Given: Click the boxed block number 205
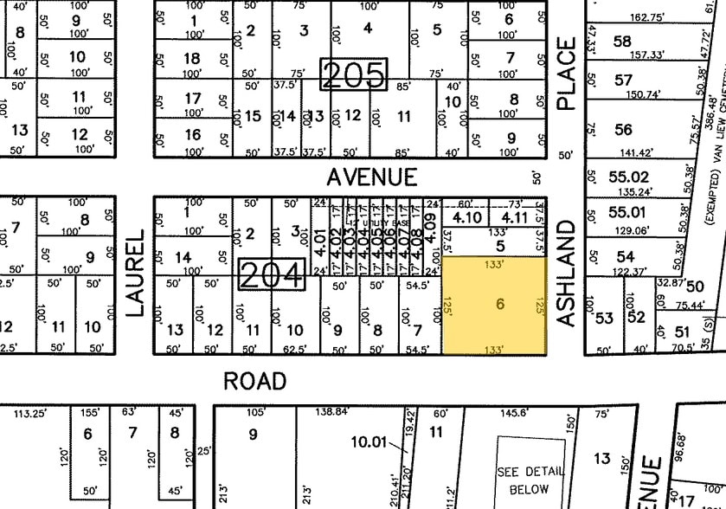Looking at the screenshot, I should [354, 75].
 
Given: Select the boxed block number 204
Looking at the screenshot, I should [272, 275].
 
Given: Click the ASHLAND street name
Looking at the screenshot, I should [567, 273].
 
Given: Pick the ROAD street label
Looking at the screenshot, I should [254, 381].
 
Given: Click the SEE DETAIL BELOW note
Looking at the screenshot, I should [530, 480].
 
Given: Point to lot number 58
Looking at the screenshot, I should [621, 42].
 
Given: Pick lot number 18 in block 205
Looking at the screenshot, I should [192, 59].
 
